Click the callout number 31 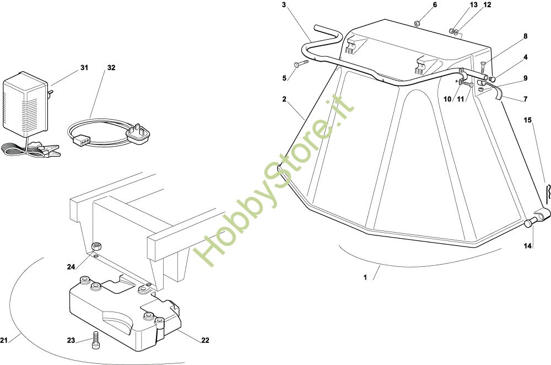coord(84,68)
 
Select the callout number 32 coord(111,68)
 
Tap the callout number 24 coord(71,267)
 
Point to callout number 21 coord(4,339)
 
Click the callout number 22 coord(205,340)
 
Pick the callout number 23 coord(71,340)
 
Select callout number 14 coord(528,246)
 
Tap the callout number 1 coord(365,277)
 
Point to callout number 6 coord(434,5)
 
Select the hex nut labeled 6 coord(417,23)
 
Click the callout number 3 coord(284,5)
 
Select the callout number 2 coord(284,99)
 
